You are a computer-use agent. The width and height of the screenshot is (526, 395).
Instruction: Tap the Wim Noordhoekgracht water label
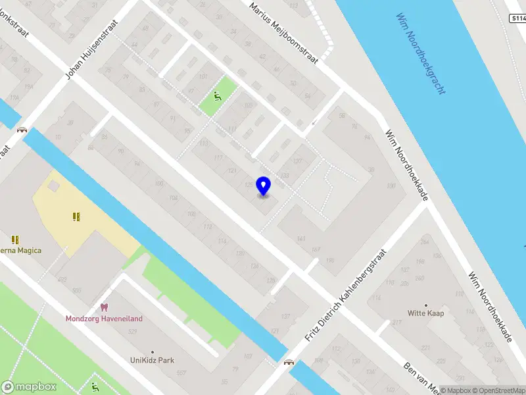(x=421, y=53)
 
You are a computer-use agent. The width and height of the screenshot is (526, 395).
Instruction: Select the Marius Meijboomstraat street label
(x=284, y=32)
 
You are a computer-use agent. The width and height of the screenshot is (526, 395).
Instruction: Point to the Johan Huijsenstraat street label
(x=95, y=49)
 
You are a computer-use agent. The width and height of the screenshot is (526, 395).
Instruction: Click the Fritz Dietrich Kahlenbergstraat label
(x=347, y=295)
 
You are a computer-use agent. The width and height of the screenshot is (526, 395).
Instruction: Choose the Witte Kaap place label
(x=426, y=313)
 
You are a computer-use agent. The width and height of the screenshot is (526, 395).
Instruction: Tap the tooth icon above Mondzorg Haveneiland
(x=103, y=307)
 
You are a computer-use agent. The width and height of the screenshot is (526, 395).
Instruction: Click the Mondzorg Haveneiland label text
(x=104, y=319)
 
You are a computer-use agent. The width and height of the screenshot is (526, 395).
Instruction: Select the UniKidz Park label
(x=153, y=361)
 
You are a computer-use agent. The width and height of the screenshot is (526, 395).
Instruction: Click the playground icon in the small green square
(x=218, y=97)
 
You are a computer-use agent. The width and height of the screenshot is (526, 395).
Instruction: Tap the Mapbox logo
(x=29, y=387)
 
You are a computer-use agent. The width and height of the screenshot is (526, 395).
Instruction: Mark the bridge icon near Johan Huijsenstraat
(x=22, y=130)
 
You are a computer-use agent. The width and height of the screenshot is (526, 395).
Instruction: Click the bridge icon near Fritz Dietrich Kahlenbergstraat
(x=289, y=361)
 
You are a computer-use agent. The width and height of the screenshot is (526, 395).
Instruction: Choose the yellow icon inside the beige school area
(x=76, y=216)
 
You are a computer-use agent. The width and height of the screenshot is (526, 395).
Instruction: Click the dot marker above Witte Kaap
(x=426, y=305)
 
